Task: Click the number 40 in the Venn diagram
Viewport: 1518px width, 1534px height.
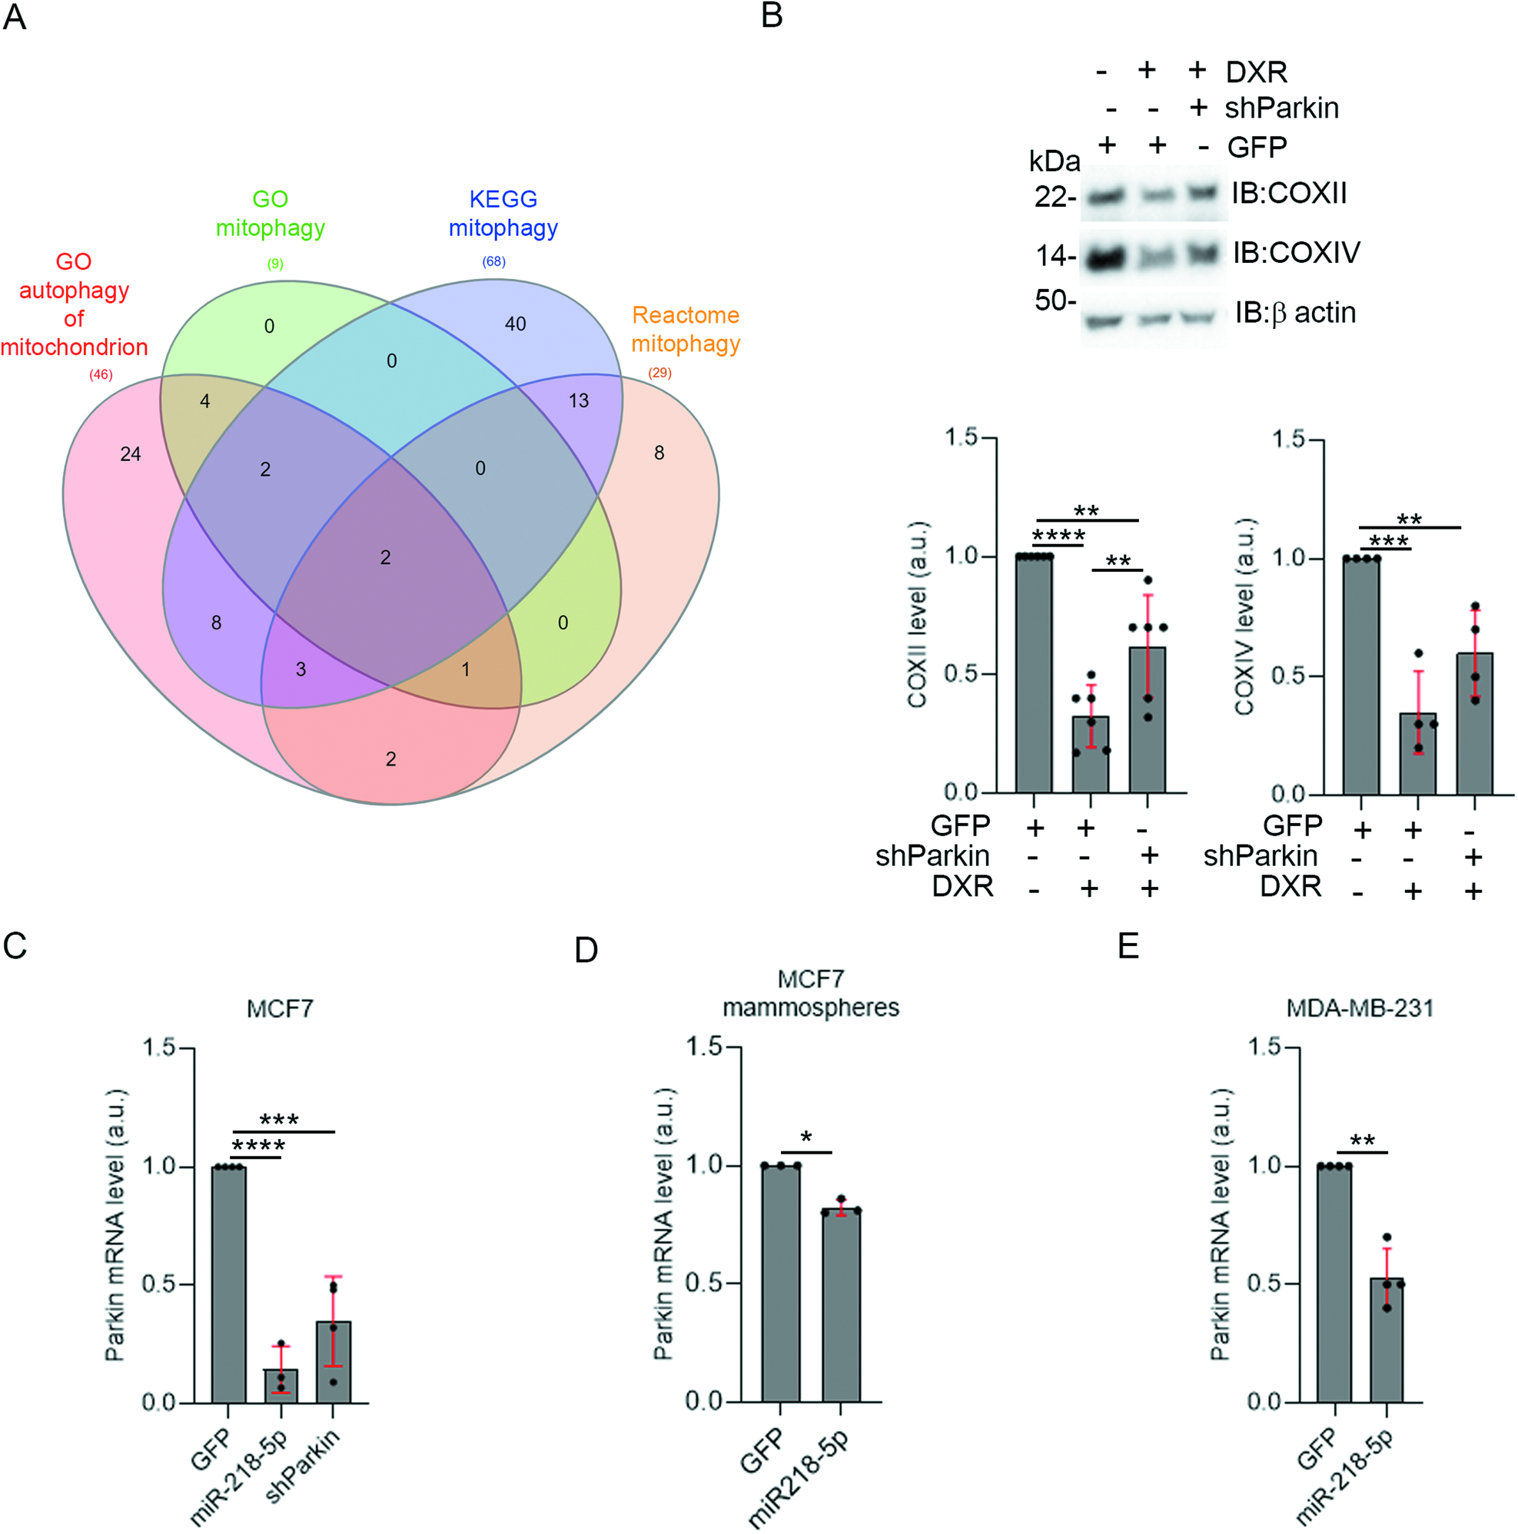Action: (515, 324)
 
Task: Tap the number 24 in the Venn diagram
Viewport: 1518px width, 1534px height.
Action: (130, 454)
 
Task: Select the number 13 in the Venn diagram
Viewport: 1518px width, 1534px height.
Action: (579, 401)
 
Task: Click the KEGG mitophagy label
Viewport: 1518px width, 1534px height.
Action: (503, 214)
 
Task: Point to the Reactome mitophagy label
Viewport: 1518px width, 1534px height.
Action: (686, 330)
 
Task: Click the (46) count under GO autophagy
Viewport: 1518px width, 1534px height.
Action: (101, 375)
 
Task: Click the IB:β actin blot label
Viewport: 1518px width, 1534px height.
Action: (1295, 313)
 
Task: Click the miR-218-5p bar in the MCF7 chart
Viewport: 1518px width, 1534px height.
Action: (281, 1386)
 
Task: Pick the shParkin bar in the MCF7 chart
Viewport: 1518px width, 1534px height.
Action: (334, 1362)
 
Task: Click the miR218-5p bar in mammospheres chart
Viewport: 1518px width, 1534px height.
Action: (841, 1306)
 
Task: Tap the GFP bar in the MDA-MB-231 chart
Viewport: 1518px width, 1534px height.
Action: (1334, 1284)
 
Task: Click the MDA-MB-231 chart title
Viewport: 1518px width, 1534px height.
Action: (1360, 1008)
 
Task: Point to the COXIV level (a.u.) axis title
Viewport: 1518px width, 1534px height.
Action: (1244, 617)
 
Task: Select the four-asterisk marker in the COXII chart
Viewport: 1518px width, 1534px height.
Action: (1058, 536)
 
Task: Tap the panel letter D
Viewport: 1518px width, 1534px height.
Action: (586, 951)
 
